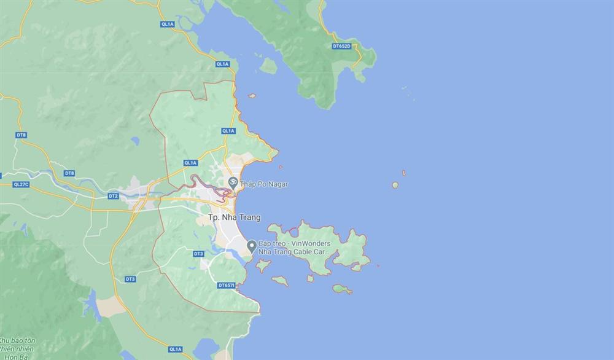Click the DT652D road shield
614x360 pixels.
(x=341, y=46)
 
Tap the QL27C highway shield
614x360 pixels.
(x=21, y=184)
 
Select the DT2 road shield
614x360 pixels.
(x=113, y=196)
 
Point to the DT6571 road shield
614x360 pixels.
(x=227, y=286)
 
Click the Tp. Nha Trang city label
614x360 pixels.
(x=234, y=217)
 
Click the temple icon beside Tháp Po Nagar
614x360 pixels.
(x=233, y=182)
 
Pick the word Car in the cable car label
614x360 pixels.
(x=328, y=252)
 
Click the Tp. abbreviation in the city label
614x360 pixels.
(x=213, y=217)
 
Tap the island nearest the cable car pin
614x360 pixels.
(x=263, y=266)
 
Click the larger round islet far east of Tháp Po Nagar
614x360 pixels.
(x=395, y=185)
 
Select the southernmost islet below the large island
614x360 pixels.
(x=343, y=289)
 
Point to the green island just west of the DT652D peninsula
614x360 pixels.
(x=268, y=65)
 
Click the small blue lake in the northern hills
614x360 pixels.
(x=134, y=142)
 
